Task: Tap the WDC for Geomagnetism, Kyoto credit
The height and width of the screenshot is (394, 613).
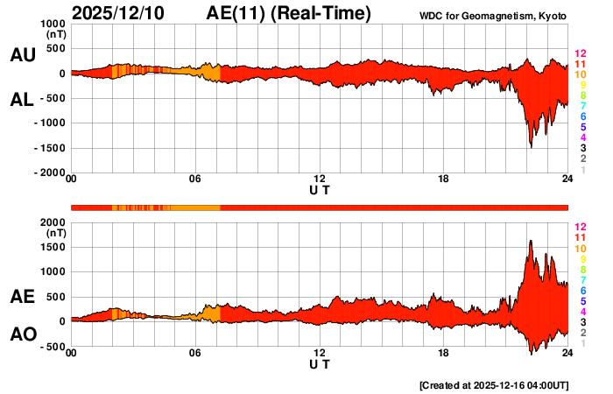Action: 493,15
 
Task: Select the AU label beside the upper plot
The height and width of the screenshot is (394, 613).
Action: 22,54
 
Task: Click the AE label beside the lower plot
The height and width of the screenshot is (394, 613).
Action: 22,297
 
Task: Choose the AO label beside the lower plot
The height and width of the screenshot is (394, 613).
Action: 22,334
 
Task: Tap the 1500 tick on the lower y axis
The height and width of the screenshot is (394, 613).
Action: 53,247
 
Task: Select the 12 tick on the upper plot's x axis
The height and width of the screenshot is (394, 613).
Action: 320,179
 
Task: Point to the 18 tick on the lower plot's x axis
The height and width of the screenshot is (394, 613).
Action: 444,353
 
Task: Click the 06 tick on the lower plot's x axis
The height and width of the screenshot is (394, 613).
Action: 195,353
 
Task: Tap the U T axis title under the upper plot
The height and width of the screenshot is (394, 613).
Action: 320,190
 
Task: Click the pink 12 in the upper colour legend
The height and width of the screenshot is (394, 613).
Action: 579,54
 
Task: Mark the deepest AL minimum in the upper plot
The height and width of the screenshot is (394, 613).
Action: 531,146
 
